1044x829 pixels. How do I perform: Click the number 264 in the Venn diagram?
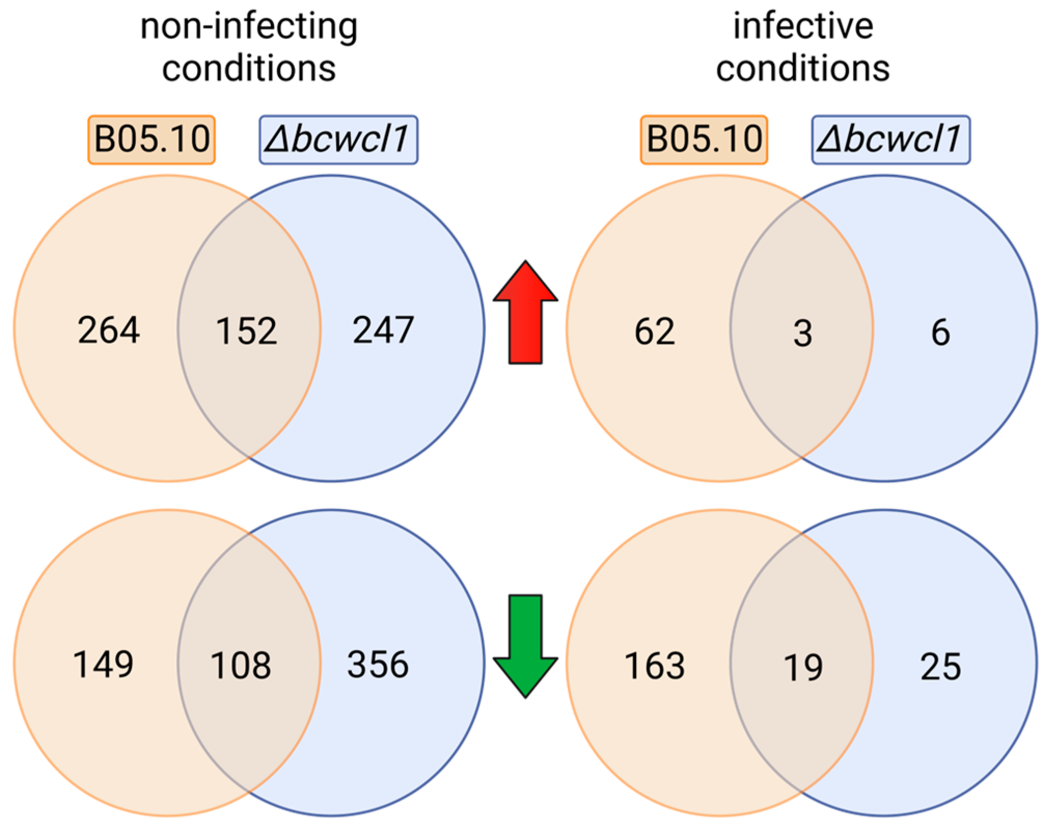pos(108,330)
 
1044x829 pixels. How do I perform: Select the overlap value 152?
pos(246,331)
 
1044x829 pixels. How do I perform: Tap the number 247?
pos(383,330)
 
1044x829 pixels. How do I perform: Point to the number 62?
pos(655,332)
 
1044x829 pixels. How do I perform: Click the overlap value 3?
pos(802,334)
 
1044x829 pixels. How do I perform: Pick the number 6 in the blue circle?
pos(940,333)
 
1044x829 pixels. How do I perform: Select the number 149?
pos(103,665)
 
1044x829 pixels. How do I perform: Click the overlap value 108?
pos(241,666)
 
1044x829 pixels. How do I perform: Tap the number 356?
pos(378,665)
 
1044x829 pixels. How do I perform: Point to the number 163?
pos(655,666)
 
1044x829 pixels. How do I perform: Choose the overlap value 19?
pos(803,668)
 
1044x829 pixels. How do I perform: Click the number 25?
pos(941,667)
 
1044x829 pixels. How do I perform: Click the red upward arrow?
pos(525,311)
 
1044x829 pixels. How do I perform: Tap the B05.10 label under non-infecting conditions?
pos(152,140)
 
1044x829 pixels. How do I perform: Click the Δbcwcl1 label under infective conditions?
pos(890,140)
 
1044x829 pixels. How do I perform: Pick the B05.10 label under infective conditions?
pos(704,140)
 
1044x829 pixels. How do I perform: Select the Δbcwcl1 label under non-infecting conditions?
pos(338,140)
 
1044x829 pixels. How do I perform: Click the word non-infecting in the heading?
pos(249,27)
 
